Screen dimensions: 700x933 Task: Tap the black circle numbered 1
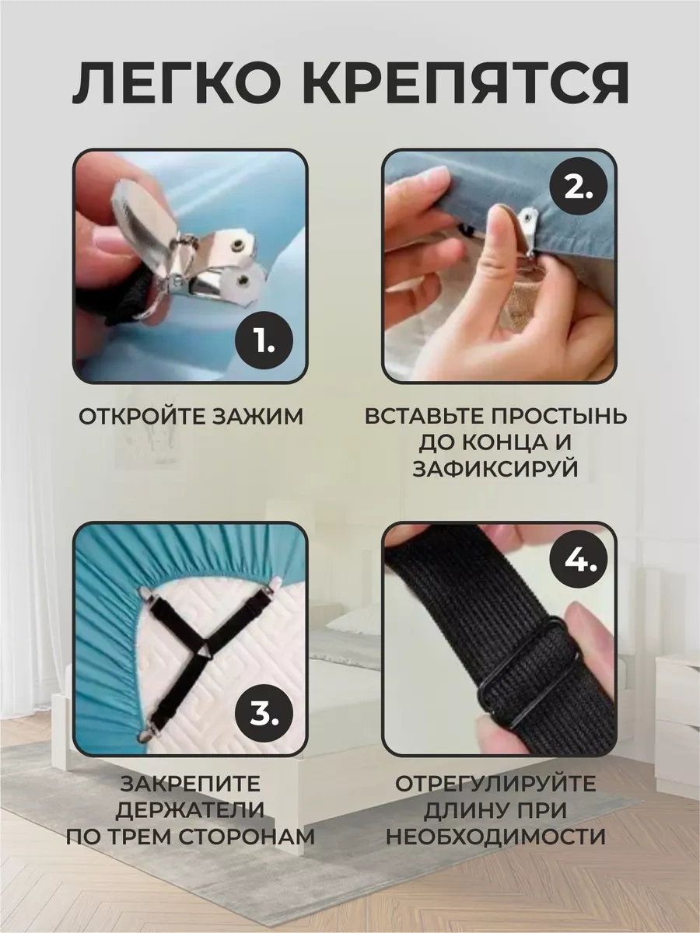264,341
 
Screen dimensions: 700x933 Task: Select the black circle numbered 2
578,188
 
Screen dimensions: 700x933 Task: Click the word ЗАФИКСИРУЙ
495,469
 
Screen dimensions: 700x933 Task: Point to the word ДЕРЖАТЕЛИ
190,811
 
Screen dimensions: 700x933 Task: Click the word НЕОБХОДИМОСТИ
495,837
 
